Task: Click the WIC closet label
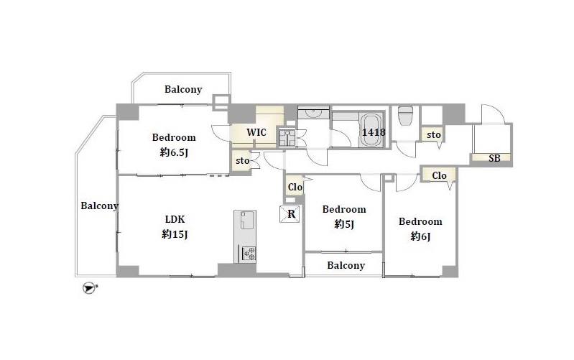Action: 256,132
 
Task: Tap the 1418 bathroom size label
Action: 374,131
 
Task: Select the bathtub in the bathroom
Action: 371,130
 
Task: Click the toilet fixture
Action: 405,115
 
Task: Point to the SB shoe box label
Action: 494,158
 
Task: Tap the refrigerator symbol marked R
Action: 291,214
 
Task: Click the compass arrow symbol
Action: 89,288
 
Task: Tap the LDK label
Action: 175,219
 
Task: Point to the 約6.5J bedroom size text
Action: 174,152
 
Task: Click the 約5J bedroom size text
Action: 344,224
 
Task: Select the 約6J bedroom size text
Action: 420,236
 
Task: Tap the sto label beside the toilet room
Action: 433,135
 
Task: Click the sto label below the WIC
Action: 242,161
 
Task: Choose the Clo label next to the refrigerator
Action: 295,187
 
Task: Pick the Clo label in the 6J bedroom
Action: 439,176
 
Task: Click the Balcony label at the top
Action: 183,89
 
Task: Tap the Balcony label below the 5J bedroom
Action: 346,265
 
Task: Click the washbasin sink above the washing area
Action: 314,114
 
